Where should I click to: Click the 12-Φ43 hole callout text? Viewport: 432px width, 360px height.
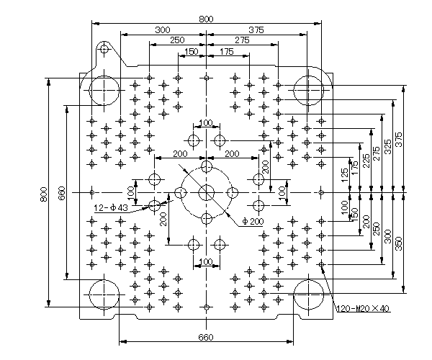click(x=111, y=207)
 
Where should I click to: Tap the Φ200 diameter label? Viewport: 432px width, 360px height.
click(x=253, y=221)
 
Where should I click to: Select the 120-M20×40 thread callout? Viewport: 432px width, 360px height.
click(x=363, y=308)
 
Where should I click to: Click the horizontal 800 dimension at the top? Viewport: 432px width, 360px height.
click(x=206, y=19)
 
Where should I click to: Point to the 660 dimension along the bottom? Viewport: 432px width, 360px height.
click(x=206, y=337)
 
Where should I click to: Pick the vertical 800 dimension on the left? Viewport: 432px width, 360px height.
click(x=44, y=194)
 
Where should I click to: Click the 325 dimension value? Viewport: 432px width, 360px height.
click(x=387, y=147)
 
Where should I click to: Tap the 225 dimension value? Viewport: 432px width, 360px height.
click(x=366, y=161)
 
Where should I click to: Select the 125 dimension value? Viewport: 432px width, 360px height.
click(x=344, y=175)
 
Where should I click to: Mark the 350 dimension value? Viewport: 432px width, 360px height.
click(x=399, y=243)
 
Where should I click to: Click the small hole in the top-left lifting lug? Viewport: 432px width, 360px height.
click(x=104, y=49)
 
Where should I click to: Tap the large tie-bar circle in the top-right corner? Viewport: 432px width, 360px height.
click(x=308, y=90)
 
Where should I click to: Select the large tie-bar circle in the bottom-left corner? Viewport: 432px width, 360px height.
click(x=104, y=294)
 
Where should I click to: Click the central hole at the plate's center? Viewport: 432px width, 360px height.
click(x=207, y=192)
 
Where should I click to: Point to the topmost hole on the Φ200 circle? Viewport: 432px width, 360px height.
click(x=207, y=166)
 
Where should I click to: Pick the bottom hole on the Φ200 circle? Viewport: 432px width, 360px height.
click(x=207, y=219)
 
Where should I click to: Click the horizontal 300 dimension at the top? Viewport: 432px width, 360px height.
click(x=163, y=30)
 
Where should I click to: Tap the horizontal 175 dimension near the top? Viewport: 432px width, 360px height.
click(x=227, y=52)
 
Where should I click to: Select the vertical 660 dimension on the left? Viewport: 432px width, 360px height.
click(x=62, y=194)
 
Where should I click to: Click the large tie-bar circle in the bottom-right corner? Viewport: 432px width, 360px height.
click(x=308, y=294)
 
